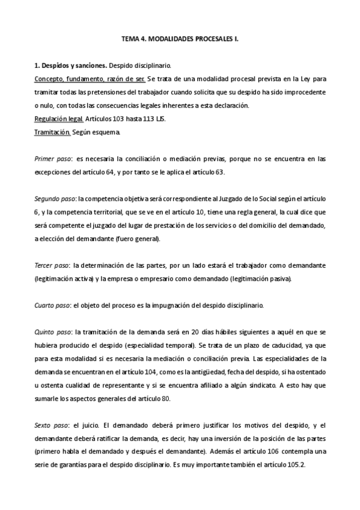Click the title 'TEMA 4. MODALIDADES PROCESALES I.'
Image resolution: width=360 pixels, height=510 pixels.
(180, 39)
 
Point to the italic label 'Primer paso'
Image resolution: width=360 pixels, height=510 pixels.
(50, 159)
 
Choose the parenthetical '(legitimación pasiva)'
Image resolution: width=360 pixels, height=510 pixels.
(259, 279)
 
